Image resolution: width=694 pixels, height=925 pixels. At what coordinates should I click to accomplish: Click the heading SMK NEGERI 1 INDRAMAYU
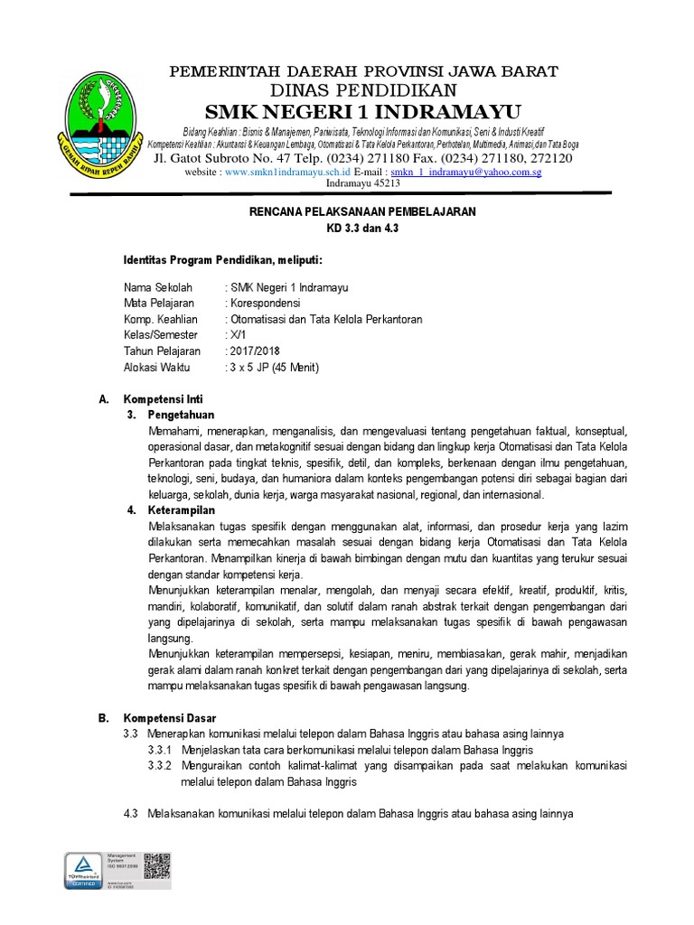pos(363,111)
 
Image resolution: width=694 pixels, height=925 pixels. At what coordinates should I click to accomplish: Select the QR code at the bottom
pos(157,865)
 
